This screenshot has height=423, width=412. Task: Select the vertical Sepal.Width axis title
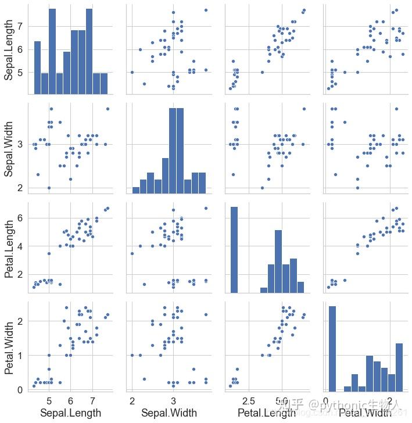[10, 149]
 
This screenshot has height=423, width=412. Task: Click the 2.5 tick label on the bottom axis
[249, 401]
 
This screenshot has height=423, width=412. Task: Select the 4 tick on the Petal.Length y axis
[22, 246]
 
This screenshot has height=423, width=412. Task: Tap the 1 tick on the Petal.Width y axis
[22, 355]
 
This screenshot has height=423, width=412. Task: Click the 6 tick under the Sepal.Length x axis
[71, 401]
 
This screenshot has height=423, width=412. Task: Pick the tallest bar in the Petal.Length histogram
[234, 250]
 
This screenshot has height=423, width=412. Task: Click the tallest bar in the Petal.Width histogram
[332, 348]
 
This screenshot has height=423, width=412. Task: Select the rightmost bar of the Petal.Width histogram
[399, 367]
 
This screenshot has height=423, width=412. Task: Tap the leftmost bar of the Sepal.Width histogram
[136, 190]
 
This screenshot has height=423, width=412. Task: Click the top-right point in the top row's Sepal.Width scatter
[206, 10]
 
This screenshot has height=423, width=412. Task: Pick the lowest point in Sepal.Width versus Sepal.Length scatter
[49, 188]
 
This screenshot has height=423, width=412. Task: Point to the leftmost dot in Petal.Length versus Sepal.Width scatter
[132, 253]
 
